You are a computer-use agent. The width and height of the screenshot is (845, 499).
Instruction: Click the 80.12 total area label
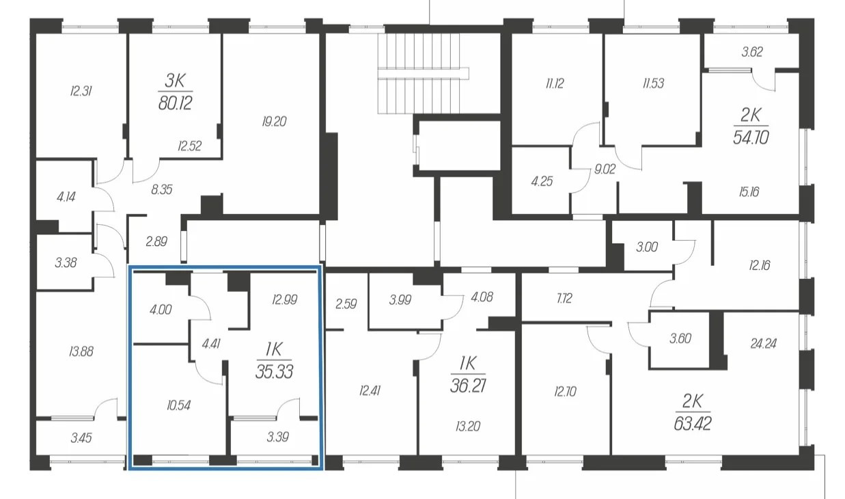click(176, 103)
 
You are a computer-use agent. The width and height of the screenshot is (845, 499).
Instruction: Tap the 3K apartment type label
click(176, 81)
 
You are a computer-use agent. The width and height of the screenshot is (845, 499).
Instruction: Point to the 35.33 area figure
click(274, 372)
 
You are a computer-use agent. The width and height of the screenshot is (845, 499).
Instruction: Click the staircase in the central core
click(423, 73)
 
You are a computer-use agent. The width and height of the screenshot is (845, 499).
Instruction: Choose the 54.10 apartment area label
click(751, 138)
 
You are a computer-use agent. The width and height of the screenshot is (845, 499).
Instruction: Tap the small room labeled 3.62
click(752, 52)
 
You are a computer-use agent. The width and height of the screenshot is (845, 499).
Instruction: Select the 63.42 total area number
click(693, 424)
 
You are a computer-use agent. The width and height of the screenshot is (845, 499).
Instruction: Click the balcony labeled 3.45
click(81, 438)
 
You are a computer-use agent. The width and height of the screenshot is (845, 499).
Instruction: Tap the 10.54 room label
click(178, 405)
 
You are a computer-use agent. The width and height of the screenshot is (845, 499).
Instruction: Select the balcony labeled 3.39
click(277, 437)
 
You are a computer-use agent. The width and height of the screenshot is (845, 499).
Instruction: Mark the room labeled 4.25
click(542, 182)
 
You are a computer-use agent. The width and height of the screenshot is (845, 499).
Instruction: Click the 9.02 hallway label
click(605, 169)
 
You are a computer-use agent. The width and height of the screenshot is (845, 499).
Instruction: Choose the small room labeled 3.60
click(680, 338)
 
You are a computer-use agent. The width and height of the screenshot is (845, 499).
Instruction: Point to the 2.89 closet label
click(156, 241)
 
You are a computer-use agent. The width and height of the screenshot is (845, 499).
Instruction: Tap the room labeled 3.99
click(400, 300)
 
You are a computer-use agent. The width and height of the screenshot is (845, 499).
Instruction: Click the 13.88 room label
click(81, 352)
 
